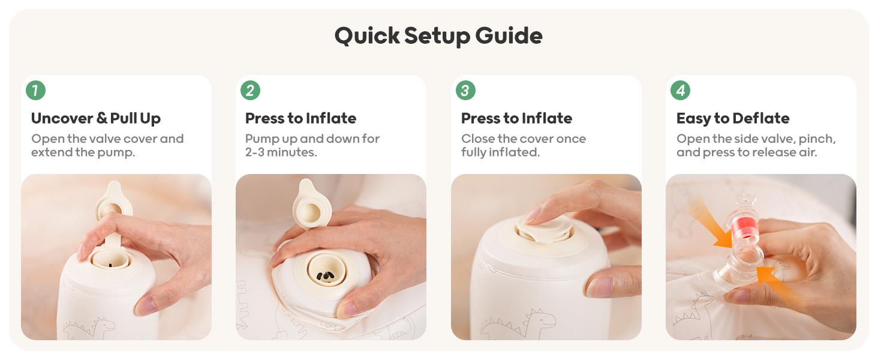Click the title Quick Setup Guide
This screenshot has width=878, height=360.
[438, 36]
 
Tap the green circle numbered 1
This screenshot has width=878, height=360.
[35, 90]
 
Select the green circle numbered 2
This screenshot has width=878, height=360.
[251, 90]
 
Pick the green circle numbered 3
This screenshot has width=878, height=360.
[465, 90]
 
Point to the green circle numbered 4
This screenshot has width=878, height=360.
[681, 90]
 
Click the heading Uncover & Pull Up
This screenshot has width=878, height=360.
[96, 118]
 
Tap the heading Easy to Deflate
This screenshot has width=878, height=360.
[733, 118]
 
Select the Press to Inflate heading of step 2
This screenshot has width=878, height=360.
[300, 118]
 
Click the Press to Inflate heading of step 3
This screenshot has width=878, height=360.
[516, 118]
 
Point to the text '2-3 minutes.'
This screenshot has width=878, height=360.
[281, 152]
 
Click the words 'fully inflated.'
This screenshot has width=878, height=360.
[501, 152]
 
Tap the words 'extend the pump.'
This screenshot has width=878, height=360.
[83, 152]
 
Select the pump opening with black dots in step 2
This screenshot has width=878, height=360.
[327, 270]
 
